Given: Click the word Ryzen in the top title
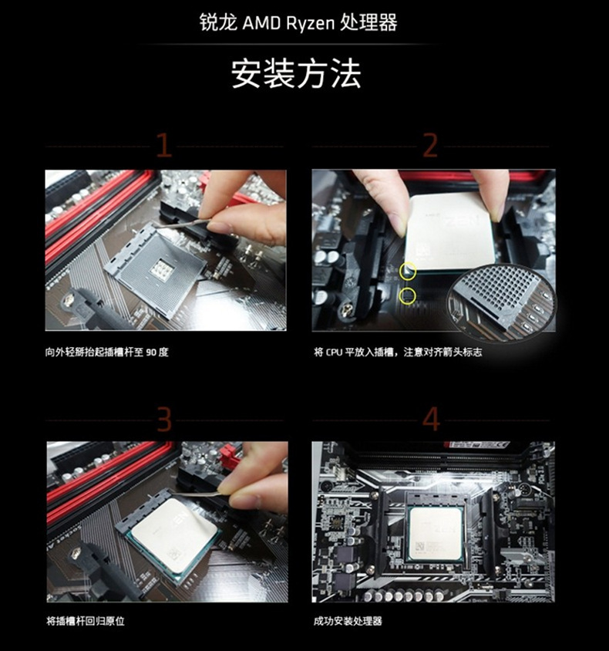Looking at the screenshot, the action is tap(311, 24).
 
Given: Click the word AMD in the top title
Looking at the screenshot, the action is tap(261, 23).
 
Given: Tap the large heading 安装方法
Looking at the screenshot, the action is tap(296, 74).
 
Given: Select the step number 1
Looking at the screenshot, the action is tap(164, 145).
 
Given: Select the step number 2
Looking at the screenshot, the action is tap(430, 145).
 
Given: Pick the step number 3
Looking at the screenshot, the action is tap(164, 419).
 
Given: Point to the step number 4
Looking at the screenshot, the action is tap(431, 419).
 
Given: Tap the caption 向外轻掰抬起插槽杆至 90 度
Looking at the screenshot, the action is tap(106, 352).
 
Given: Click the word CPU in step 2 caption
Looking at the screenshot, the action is tap(334, 352).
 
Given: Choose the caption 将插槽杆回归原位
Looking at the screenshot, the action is tap(86, 621).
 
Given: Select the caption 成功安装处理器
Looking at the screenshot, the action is tap(348, 621).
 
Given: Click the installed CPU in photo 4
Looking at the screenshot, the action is tap(436, 534).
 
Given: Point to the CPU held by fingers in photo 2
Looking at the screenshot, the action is tap(449, 232).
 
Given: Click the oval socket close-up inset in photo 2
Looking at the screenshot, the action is tap(500, 302).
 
